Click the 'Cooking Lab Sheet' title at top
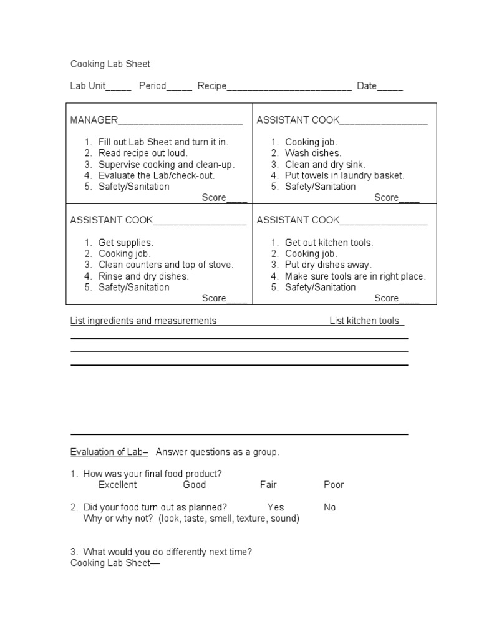(x=110, y=64)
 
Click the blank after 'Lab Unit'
(x=119, y=87)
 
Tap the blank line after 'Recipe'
(x=289, y=87)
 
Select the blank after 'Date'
(x=390, y=87)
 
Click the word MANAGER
(x=94, y=120)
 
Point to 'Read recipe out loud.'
(x=143, y=153)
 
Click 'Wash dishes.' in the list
(x=313, y=153)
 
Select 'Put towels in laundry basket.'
(x=345, y=175)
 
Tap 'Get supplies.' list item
(x=125, y=243)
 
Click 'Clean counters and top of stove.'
(x=166, y=265)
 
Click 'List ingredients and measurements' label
(x=143, y=321)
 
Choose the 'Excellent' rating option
(x=117, y=485)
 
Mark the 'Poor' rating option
(x=334, y=485)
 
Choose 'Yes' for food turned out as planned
(x=276, y=507)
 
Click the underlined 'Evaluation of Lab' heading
(x=109, y=452)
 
